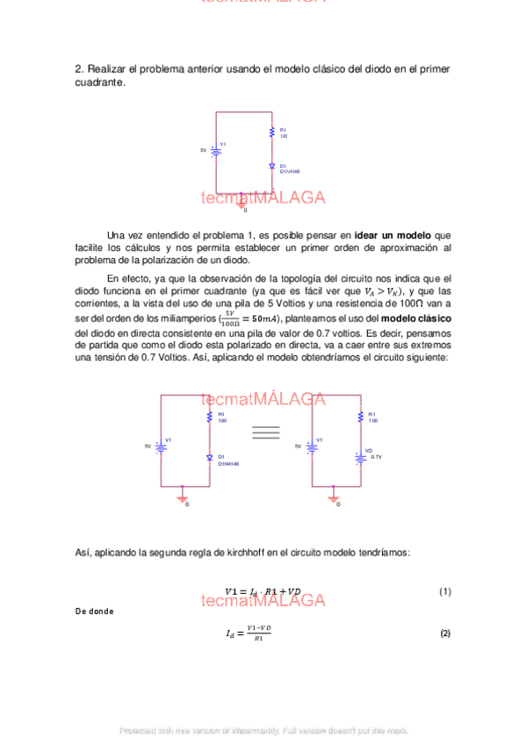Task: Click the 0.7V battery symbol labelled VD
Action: [360, 454]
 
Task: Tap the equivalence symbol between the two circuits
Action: [265, 432]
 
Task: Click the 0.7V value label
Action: [377, 457]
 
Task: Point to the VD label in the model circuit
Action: [369, 450]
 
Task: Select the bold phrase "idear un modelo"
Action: [393, 235]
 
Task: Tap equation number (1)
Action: [444, 592]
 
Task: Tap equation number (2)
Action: [444, 633]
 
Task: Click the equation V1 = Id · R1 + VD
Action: [263, 592]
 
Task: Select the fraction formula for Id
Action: [249, 633]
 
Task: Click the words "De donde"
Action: [94, 612]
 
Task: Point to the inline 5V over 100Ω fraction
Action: [230, 317]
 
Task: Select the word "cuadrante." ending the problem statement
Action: [100, 82]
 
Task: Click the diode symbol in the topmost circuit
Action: [272, 165]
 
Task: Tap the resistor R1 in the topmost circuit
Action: [272, 132]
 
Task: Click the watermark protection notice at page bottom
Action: [263, 730]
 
